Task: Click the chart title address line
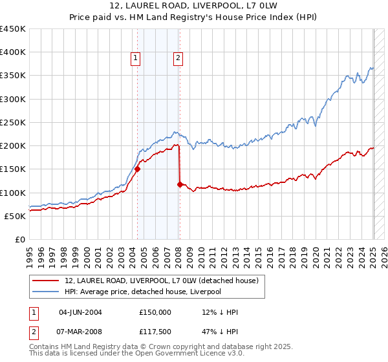click(x=193, y=6)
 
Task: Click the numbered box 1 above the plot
click(x=136, y=58)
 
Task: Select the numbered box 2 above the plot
click(x=177, y=58)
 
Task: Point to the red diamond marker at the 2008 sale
click(x=179, y=184)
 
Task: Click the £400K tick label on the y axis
click(x=13, y=52)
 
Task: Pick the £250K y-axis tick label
click(x=13, y=122)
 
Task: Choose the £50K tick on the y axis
click(x=16, y=216)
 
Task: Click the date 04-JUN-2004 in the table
click(x=80, y=312)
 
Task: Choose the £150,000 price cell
click(x=155, y=312)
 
